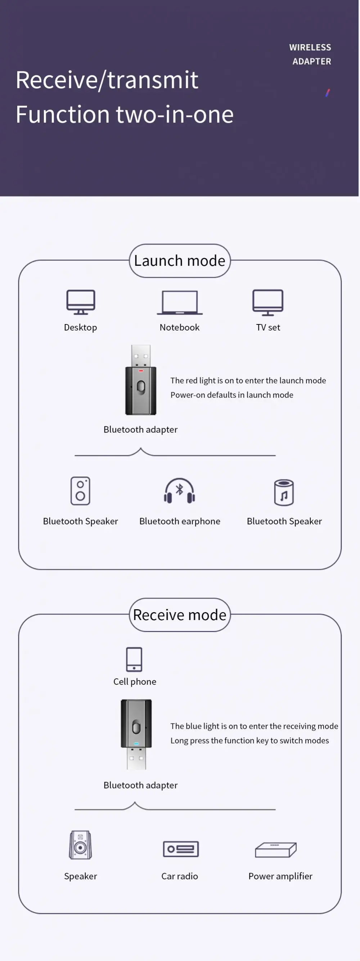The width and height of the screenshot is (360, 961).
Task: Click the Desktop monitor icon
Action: point(81,302)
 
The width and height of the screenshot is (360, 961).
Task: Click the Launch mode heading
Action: point(179,261)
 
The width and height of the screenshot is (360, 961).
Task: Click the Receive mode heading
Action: point(179,615)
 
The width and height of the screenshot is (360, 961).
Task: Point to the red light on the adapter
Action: point(141,371)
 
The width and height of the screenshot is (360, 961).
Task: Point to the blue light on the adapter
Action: point(136,744)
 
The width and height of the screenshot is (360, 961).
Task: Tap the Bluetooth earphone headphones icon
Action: point(179,491)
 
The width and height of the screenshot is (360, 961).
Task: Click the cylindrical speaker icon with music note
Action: point(284,493)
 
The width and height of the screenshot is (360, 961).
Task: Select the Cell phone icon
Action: point(134,659)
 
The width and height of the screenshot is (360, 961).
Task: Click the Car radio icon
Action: point(181,849)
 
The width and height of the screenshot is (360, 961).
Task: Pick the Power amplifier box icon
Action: point(276,850)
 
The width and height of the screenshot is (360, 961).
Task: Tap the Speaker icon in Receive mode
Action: point(80,845)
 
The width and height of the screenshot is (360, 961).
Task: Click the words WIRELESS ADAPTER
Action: point(310,54)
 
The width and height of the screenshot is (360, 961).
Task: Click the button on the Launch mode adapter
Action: point(141,386)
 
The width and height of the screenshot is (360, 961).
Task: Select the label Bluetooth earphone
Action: point(179,521)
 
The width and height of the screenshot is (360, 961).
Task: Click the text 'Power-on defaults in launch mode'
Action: point(232,395)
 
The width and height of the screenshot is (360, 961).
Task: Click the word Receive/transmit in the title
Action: point(107,80)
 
